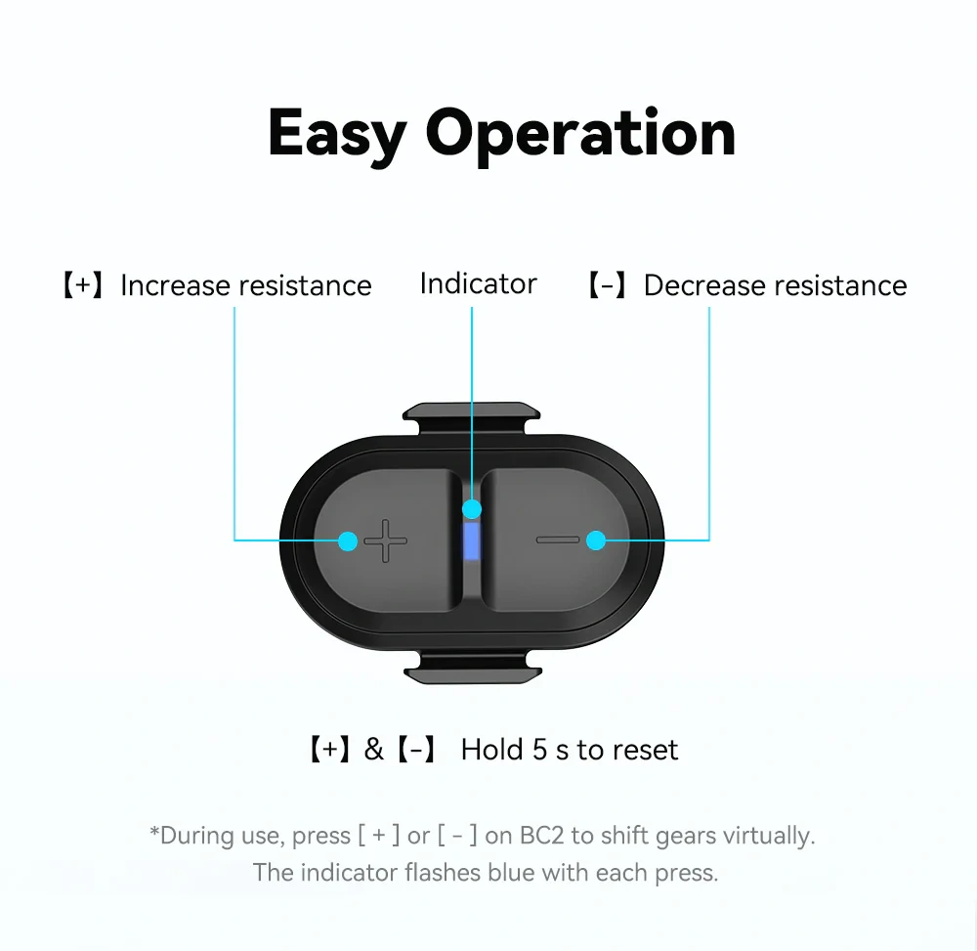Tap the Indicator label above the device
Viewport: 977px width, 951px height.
[x=478, y=284]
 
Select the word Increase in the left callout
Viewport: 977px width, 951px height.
[x=175, y=285]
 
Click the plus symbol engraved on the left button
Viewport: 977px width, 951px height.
[x=386, y=540]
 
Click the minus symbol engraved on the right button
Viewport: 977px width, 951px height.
[x=558, y=540]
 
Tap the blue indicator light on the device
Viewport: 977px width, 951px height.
[x=472, y=540]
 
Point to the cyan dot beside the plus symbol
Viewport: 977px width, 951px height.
[x=348, y=540]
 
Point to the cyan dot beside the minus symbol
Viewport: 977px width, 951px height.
[x=596, y=540]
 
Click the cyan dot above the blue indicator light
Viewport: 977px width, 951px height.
[x=472, y=509]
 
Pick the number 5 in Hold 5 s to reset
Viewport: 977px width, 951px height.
[x=539, y=750]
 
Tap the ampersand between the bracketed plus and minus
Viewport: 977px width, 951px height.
[x=374, y=750]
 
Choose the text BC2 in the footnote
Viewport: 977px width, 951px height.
[x=541, y=836]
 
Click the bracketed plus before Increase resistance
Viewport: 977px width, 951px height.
[x=83, y=285]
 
